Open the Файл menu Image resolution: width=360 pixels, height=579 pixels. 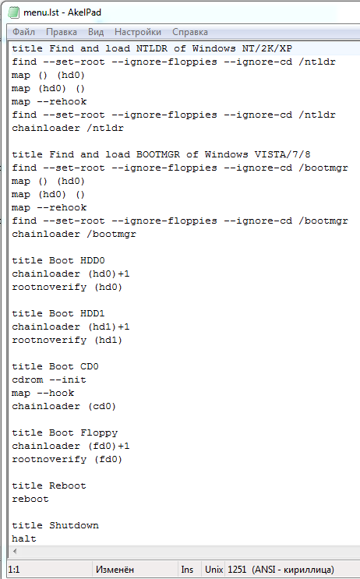pos(23,32)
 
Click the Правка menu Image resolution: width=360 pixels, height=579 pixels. pos(62,32)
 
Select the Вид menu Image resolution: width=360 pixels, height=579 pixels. pos(96,32)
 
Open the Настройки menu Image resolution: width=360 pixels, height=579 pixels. pos(138,32)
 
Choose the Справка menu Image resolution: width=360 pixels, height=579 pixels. pos(190,32)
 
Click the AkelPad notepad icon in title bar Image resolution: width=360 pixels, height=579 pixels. pos(13,12)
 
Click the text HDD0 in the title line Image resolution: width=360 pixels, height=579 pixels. pos(93,260)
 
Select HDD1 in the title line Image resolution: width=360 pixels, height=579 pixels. pos(93,313)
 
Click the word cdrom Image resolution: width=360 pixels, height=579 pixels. pos(27,380)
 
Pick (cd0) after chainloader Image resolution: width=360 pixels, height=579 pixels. pos(102,406)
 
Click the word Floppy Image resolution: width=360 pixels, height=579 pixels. pos(99,432)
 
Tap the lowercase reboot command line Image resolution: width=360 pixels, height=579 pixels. pos(30,500)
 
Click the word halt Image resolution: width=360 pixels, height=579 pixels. pos(24,538)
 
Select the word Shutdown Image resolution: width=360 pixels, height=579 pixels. pos(74,525)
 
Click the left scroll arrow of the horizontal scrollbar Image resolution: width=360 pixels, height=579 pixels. pos(15,551)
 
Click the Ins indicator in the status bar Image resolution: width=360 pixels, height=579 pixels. pos(187,570)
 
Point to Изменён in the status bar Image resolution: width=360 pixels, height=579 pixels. pos(115,570)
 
